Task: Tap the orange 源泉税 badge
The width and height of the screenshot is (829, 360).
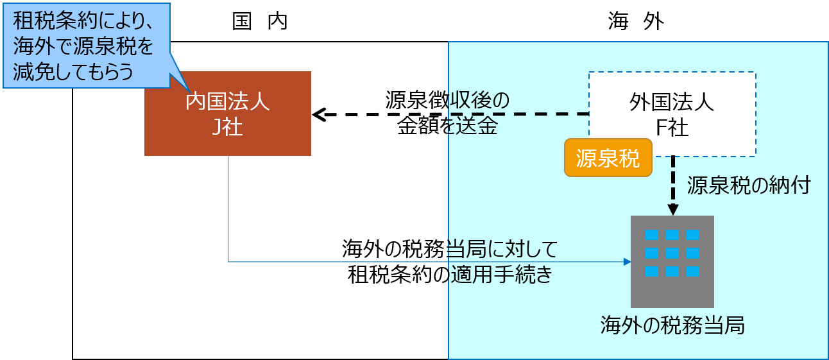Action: click(608, 158)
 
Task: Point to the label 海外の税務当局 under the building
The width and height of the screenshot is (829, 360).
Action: click(672, 325)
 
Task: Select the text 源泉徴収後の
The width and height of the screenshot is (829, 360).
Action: click(447, 101)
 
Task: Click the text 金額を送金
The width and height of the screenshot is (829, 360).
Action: click(447, 126)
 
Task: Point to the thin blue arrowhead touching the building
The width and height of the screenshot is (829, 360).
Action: click(627, 262)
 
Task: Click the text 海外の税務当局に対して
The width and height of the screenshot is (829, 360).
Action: click(450, 249)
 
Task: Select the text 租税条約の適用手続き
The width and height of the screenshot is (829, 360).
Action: click(450, 275)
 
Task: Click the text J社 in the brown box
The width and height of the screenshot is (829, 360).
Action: click(227, 127)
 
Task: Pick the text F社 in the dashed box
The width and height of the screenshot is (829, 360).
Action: click(672, 128)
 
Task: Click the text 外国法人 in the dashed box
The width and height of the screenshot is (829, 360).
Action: click(672, 103)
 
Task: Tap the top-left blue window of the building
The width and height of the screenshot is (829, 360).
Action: click(651, 234)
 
